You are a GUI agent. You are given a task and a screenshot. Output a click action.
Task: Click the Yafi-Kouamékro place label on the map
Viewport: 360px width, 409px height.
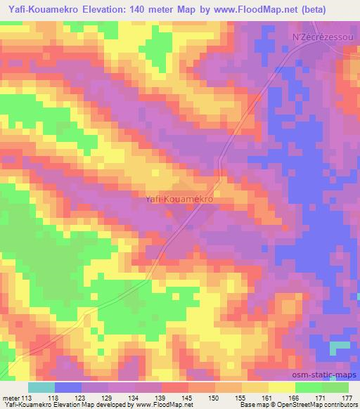pos(179,199)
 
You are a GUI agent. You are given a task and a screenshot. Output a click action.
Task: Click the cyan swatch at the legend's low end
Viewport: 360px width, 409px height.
pos(41,387)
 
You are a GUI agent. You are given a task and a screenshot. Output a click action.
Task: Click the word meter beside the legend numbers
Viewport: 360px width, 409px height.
pos(11,398)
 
